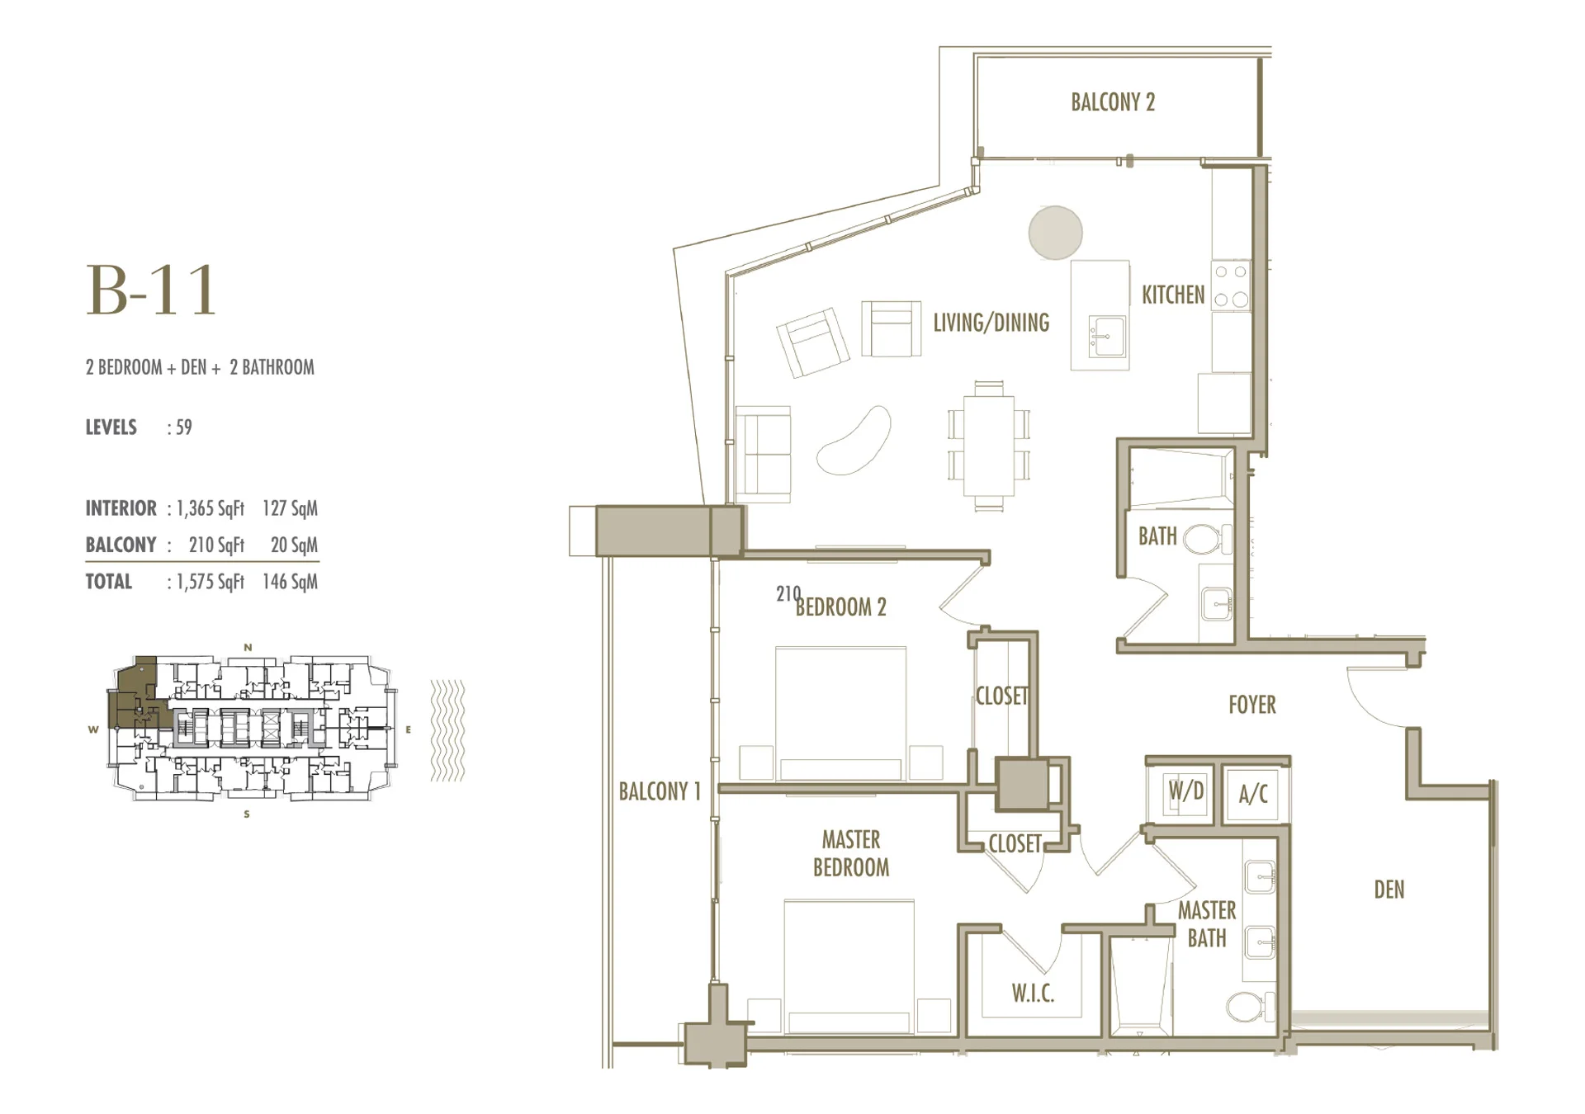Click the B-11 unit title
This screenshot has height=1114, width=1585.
152,290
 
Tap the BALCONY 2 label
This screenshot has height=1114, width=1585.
1113,102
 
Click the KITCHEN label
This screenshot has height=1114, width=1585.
1173,295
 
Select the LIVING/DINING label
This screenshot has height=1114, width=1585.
991,323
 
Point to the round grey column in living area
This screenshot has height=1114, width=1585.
1055,233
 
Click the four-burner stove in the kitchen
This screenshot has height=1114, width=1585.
1231,286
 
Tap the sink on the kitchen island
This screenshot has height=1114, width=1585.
1106,337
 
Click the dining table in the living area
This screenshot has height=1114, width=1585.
989,446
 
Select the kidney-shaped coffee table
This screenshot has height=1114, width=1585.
854,441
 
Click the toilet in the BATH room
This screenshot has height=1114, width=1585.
1206,540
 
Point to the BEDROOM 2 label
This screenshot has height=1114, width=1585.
840,607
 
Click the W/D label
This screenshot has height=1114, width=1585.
1185,791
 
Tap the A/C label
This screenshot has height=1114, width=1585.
1253,794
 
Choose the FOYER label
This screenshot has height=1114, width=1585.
1252,705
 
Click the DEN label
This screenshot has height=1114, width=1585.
1389,890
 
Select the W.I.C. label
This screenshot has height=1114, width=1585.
1033,994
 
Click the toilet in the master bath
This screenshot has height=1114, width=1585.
1250,1007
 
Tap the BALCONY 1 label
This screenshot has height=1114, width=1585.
660,791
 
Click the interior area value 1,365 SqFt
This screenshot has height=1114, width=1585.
211,508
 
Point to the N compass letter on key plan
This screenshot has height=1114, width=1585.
248,648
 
